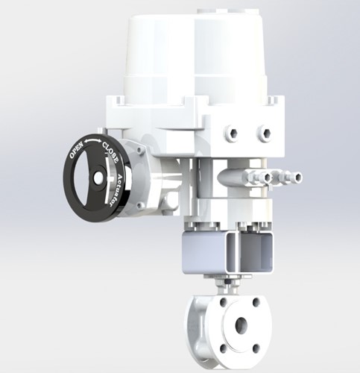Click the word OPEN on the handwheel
pyautogui.click(x=76, y=150)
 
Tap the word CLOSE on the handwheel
pyautogui.click(x=110, y=152)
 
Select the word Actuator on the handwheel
pyautogui.click(x=115, y=189)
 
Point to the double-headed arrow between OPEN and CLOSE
pyautogui.click(x=92, y=141)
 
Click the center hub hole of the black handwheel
pyautogui.click(x=98, y=178)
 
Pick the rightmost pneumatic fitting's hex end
pyautogui.click(x=297, y=178)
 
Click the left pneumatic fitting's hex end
pyautogui.click(x=266, y=178)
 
